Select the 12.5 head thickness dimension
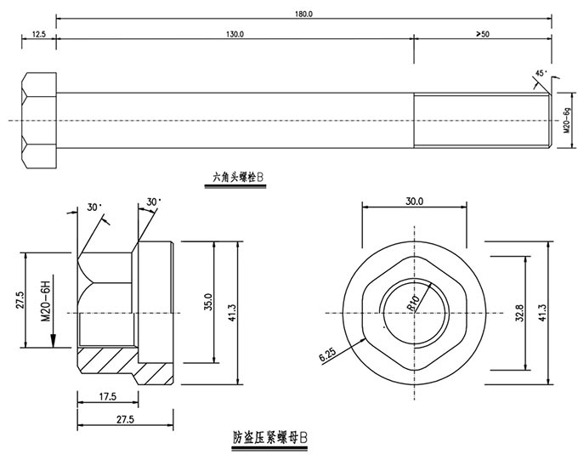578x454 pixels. coord(38,33)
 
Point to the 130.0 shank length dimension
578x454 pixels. coord(235,33)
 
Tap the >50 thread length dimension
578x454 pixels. coord(482,33)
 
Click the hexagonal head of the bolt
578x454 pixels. coord(38,119)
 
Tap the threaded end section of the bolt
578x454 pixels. coord(481,119)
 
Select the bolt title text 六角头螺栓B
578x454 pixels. coord(239,179)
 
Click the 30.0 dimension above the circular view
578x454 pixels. coord(415,201)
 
